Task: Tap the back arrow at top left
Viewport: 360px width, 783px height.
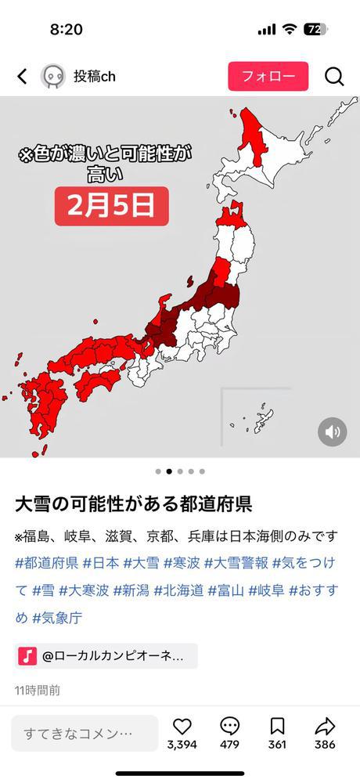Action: [x=22, y=76]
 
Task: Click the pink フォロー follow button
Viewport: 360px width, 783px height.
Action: [x=268, y=76]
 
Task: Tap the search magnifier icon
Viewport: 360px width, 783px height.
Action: [x=334, y=76]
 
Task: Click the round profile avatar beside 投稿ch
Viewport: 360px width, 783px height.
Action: [x=52, y=76]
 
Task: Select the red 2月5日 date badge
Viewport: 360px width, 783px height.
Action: [x=111, y=206]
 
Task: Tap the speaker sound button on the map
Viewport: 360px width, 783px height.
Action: [x=333, y=431]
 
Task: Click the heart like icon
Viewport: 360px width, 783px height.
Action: [x=182, y=726]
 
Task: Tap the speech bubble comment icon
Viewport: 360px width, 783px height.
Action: [x=229, y=726]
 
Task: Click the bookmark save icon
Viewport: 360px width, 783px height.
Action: [x=277, y=726]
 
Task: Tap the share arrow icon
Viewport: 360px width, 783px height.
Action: [x=325, y=726]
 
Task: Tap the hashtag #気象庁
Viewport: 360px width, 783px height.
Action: [x=57, y=617]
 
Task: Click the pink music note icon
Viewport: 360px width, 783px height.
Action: [x=27, y=655]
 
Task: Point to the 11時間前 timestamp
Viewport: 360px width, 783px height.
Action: [x=37, y=690]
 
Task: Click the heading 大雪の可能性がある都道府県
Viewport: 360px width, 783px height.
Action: [x=133, y=503]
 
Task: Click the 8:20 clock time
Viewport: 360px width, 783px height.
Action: [x=66, y=29]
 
